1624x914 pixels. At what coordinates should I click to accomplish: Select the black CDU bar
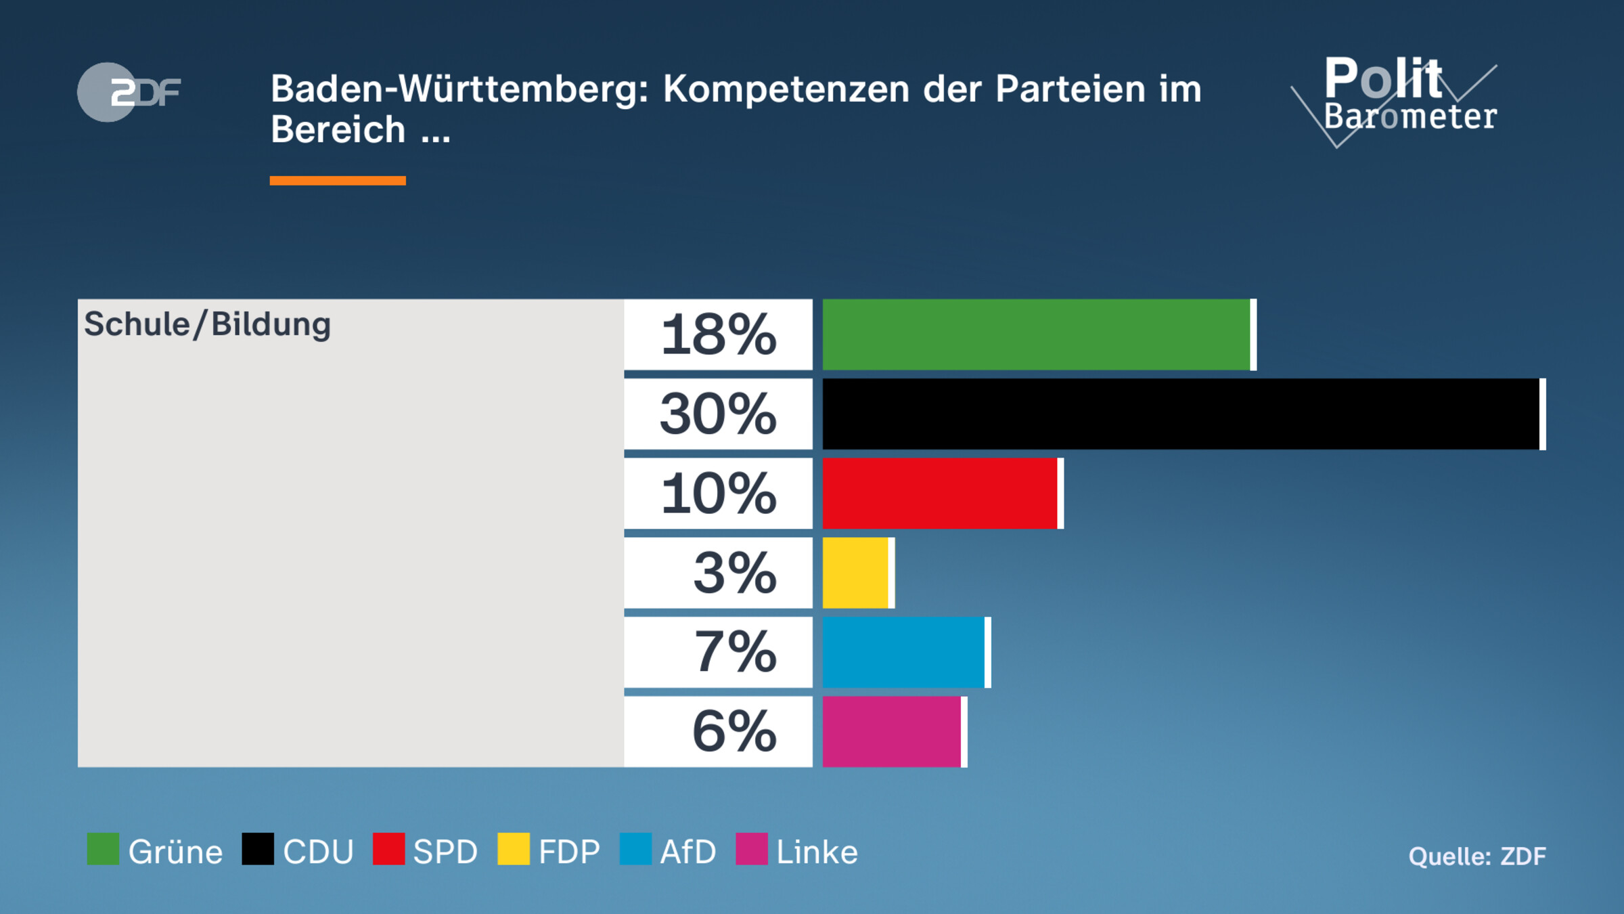click(1181, 414)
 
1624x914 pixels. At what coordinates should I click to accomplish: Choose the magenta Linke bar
click(892, 732)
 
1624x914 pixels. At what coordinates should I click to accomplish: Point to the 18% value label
click(718, 334)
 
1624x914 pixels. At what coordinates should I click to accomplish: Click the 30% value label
click(718, 414)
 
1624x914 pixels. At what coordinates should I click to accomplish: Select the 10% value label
click(718, 493)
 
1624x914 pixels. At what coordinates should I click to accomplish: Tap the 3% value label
click(734, 573)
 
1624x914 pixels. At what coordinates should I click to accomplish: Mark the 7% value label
click(735, 652)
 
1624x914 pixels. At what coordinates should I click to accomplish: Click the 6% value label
click(734, 732)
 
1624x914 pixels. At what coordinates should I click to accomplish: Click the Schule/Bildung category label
click(207, 324)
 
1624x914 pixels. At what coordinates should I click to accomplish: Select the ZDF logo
click(129, 92)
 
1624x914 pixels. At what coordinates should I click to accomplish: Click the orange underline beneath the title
click(338, 181)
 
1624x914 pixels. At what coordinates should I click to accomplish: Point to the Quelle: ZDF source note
click(1476, 856)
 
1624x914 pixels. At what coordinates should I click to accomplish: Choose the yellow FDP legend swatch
click(513, 849)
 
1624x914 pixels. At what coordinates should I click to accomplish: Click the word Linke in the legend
click(817, 852)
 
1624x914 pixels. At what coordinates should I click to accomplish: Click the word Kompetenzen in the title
click(786, 89)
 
